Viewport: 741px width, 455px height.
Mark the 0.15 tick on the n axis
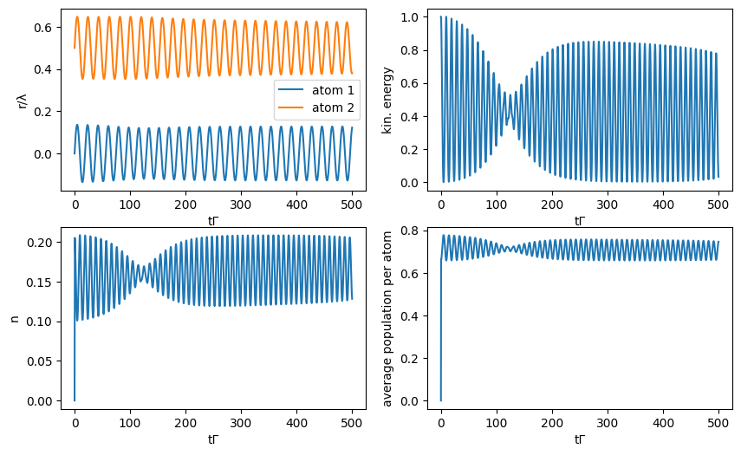[42, 282]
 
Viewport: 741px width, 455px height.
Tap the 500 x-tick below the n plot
[351, 422]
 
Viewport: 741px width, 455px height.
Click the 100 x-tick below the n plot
[130, 422]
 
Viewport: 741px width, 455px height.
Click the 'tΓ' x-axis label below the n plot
[213, 439]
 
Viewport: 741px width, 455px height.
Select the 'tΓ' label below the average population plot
[580, 439]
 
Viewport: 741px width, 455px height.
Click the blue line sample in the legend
[292, 91]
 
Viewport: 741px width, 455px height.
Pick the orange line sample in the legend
[292, 107]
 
